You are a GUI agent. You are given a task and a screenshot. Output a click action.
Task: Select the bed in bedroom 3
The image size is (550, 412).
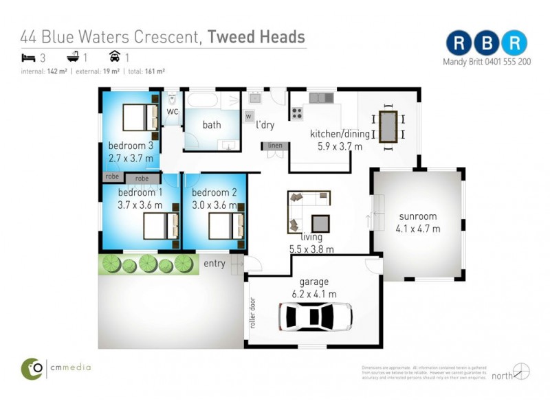[141, 117]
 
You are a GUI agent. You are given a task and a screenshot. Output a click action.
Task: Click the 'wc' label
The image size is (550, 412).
[173, 111]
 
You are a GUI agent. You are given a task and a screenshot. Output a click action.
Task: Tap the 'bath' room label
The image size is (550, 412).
[212, 125]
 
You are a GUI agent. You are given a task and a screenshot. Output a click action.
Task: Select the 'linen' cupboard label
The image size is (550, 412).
[274, 146]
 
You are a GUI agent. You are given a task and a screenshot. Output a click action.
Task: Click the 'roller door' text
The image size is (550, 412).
[253, 313]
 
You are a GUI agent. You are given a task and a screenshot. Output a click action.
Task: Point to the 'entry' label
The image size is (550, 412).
[214, 264]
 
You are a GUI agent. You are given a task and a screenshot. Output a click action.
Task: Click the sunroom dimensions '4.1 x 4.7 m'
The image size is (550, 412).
[418, 229]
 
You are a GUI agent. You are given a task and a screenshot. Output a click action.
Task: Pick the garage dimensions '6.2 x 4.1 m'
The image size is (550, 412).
[313, 294]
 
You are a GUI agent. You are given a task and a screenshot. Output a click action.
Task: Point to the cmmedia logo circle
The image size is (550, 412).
[32, 369]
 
